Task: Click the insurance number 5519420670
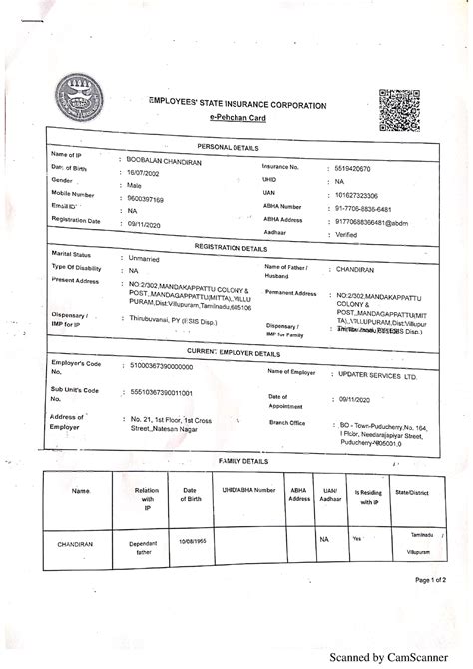click(358, 170)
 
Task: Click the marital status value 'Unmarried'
click(147, 258)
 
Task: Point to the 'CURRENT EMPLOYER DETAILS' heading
click(230, 353)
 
